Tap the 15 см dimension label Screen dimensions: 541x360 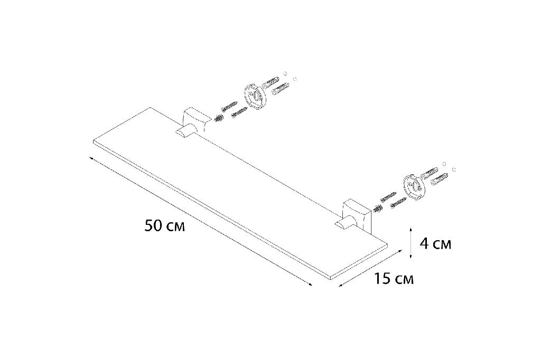pyautogui.click(x=394, y=279)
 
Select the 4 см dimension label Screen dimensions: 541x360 pyautogui.click(x=435, y=244)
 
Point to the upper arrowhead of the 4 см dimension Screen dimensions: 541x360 pyautogui.click(x=410, y=229)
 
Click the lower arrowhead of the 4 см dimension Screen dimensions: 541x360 pyautogui.click(x=410, y=256)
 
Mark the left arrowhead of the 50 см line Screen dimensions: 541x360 pyautogui.click(x=91, y=158)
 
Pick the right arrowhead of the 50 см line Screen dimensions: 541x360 pyautogui.click(x=310, y=285)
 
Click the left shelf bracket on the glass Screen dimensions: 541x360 pyautogui.click(x=191, y=125)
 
